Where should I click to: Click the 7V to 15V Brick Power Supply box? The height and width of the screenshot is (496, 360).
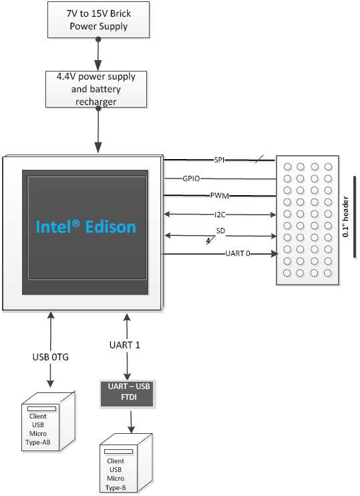98,19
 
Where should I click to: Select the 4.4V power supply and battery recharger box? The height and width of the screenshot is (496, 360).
96,89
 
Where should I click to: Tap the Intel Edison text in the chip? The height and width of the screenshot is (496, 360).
85,227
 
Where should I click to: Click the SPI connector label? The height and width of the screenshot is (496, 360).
219,160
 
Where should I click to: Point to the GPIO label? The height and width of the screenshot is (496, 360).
191,178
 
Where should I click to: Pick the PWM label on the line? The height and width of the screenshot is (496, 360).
220,195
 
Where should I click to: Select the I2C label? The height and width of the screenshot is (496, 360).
220,215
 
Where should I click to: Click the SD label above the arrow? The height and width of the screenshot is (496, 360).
220,231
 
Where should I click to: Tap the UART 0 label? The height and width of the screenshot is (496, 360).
238,253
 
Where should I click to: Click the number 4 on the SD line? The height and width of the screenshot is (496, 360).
208,241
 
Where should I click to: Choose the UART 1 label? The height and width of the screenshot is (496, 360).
124,345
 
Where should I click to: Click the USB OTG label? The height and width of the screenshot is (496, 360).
51,357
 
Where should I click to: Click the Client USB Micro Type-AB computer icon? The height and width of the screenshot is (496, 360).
48,421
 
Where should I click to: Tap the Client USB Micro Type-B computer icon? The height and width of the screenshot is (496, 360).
126,463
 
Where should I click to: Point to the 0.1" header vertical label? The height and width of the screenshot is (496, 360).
346,217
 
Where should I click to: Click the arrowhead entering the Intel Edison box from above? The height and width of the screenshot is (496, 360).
98,148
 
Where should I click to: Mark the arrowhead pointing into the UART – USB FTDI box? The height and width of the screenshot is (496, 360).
127,376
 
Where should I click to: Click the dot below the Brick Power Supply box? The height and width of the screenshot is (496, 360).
98,39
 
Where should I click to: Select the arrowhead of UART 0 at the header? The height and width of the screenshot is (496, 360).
274,253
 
